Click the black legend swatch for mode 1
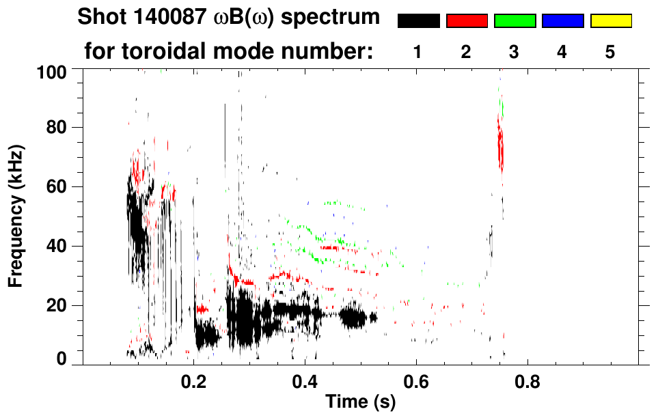click(x=418, y=21)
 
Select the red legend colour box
click(x=467, y=21)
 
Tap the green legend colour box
click(x=515, y=21)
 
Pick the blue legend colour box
click(x=562, y=21)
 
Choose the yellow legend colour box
click(x=611, y=21)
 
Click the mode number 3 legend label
click(x=515, y=52)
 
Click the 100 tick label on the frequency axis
click(x=53, y=71)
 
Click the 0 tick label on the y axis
click(x=61, y=359)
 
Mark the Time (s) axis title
click(x=359, y=403)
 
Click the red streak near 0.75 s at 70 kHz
click(x=501, y=147)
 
